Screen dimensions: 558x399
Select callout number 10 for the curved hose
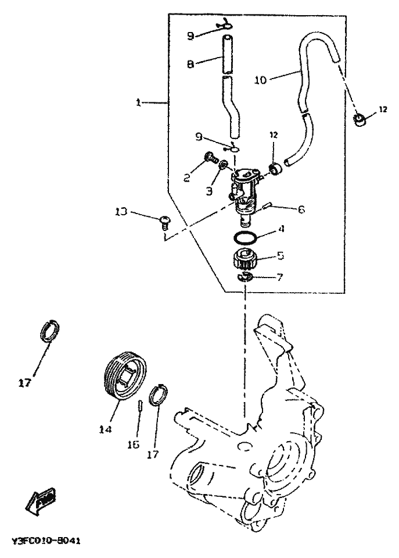point(260,80)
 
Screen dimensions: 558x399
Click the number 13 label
point(121,212)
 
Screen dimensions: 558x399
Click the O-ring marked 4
point(246,237)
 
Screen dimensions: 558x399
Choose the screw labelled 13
point(165,220)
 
